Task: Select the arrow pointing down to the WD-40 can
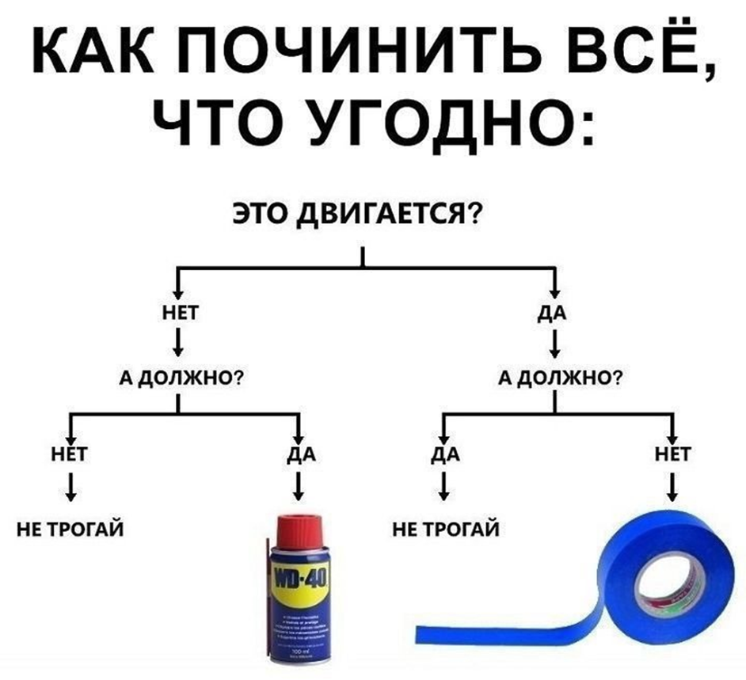point(299,485)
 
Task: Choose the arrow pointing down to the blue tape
point(673,485)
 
